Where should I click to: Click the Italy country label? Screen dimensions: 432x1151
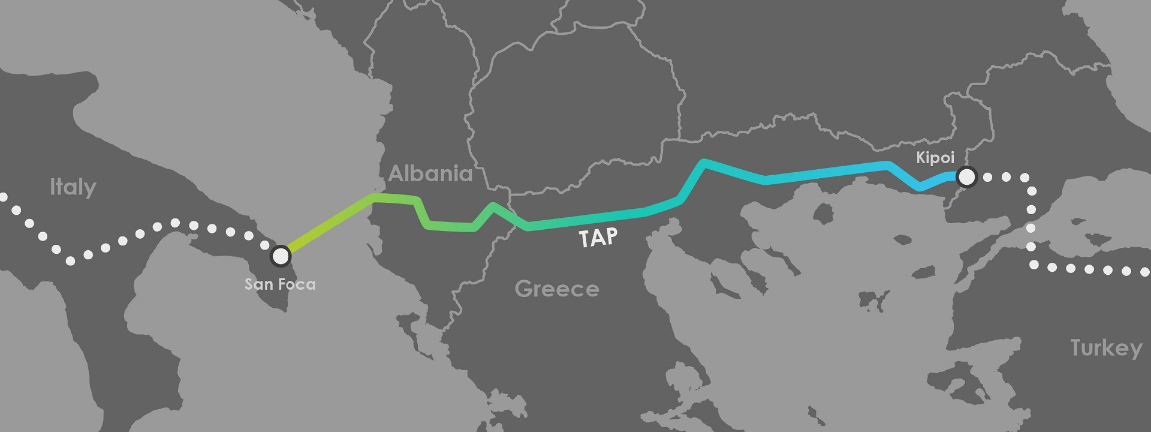[73, 187]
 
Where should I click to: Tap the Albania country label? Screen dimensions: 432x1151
[430, 173]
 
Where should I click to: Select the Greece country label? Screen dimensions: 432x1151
[556, 289]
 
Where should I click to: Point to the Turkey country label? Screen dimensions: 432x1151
[1106, 348]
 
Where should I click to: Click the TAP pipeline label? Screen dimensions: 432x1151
[598, 238]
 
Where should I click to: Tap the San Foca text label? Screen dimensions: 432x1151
[280, 283]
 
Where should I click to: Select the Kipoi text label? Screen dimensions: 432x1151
[935, 157]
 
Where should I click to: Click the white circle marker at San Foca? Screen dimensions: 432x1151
[280, 256]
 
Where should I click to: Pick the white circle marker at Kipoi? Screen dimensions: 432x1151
[966, 177]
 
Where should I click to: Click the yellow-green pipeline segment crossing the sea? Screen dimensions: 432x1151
[327, 226]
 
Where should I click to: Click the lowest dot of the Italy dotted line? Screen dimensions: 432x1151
[71, 260]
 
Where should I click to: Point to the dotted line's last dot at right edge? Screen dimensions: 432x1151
[1144, 271]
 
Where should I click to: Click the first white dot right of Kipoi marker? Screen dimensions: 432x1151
[989, 177]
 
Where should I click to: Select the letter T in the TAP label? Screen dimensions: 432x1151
[585, 239]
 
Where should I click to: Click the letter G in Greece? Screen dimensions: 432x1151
[523, 289]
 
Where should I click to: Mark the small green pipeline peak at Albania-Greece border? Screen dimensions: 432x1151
[493, 206]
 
